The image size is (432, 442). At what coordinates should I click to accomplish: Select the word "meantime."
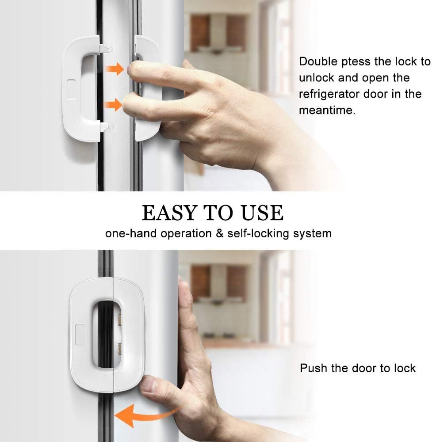click(327, 110)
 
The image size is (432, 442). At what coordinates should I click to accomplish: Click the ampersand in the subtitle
click(219, 233)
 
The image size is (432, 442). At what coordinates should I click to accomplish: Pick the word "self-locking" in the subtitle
click(257, 233)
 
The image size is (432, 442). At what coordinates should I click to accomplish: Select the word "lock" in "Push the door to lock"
click(403, 368)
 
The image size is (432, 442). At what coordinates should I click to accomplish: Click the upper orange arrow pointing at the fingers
click(114, 69)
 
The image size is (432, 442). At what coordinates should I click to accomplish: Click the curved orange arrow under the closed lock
click(146, 414)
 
